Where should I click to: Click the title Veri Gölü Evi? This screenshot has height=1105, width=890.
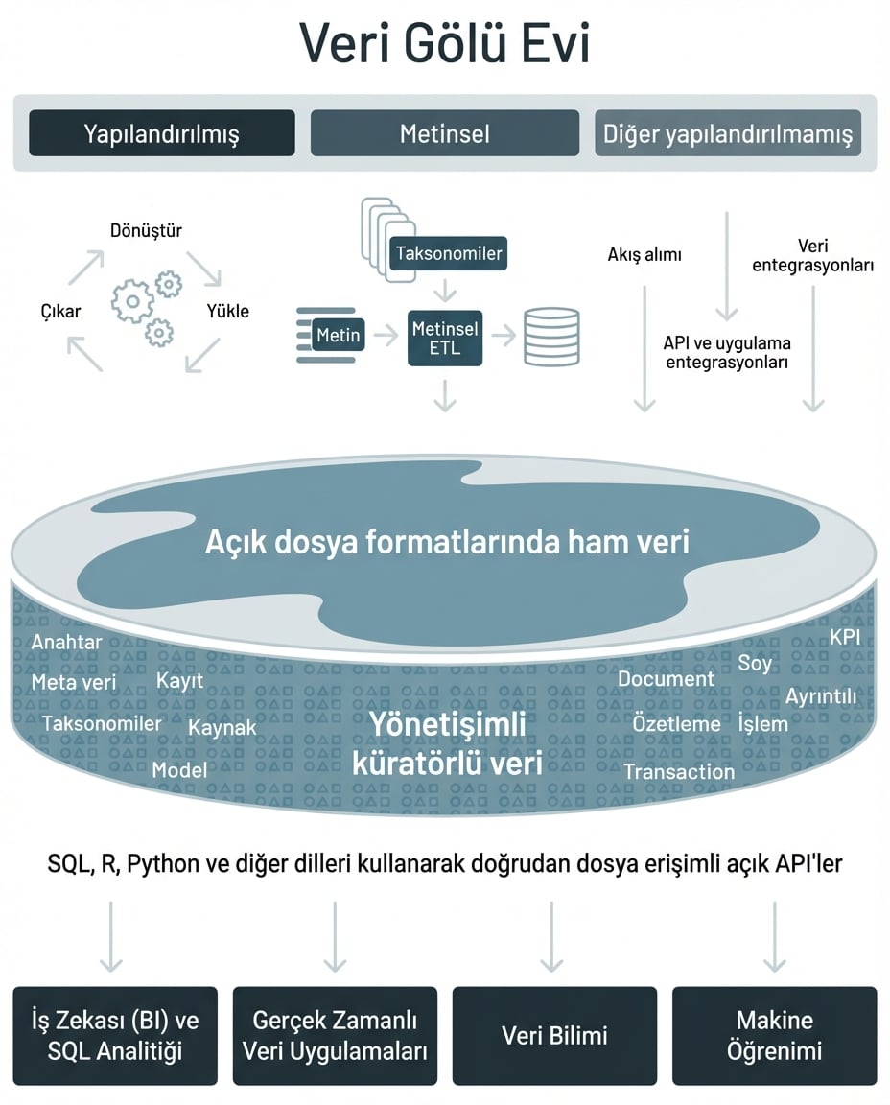pyautogui.click(x=444, y=43)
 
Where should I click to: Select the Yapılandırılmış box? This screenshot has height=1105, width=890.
pyautogui.click(x=161, y=133)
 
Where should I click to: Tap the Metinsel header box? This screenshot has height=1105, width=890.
pyautogui.click(x=444, y=133)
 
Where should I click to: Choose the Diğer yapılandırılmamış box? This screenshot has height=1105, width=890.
pyautogui.click(x=727, y=133)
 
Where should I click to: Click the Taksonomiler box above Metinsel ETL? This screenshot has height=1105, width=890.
pyautogui.click(x=448, y=254)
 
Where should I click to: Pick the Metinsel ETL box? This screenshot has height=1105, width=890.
pyautogui.click(x=444, y=338)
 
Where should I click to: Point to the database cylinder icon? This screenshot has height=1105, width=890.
pyautogui.click(x=551, y=337)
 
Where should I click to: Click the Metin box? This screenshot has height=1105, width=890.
pyautogui.click(x=339, y=335)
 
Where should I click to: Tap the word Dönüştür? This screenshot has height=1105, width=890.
pyautogui.click(x=146, y=230)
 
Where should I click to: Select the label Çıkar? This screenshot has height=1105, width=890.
pyautogui.click(x=60, y=311)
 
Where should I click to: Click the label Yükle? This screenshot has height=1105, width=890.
pyautogui.click(x=228, y=311)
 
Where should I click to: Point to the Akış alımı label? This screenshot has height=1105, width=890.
pyautogui.click(x=644, y=255)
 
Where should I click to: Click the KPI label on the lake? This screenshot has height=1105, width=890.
pyautogui.click(x=845, y=638)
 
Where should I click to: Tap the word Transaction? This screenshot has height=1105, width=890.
pyautogui.click(x=679, y=771)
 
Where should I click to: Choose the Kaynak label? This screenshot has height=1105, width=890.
pyautogui.click(x=222, y=728)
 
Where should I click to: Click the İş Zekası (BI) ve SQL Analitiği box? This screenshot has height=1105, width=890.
pyautogui.click(x=115, y=1036)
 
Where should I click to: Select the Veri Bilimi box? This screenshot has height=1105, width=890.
pyautogui.click(x=554, y=1036)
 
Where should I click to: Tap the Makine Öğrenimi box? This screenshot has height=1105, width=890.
pyautogui.click(x=774, y=1036)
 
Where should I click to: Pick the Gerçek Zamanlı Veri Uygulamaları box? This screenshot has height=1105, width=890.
pyautogui.click(x=335, y=1036)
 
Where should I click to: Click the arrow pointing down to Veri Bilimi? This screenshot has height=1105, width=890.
pyautogui.click(x=551, y=935)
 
